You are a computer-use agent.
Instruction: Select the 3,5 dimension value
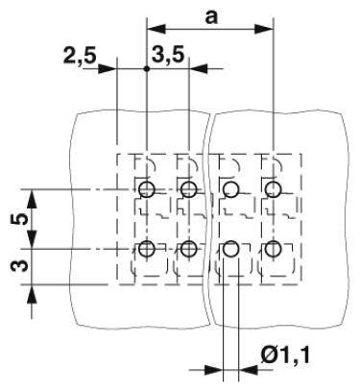pos(170,56)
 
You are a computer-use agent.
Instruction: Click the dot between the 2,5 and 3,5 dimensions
pos(146,69)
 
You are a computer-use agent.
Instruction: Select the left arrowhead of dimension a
pos(152,29)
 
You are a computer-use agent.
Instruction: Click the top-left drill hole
pos(146,188)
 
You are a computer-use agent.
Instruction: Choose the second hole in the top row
pos(188,188)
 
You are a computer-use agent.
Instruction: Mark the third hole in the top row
pos(230,188)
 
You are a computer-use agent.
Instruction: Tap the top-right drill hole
pos(274,188)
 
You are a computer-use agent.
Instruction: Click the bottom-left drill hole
pos(146,250)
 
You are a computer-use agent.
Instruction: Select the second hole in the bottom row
pos(188,250)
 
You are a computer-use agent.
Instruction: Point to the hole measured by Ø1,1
pos(230,250)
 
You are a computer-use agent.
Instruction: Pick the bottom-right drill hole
pos(274,250)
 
